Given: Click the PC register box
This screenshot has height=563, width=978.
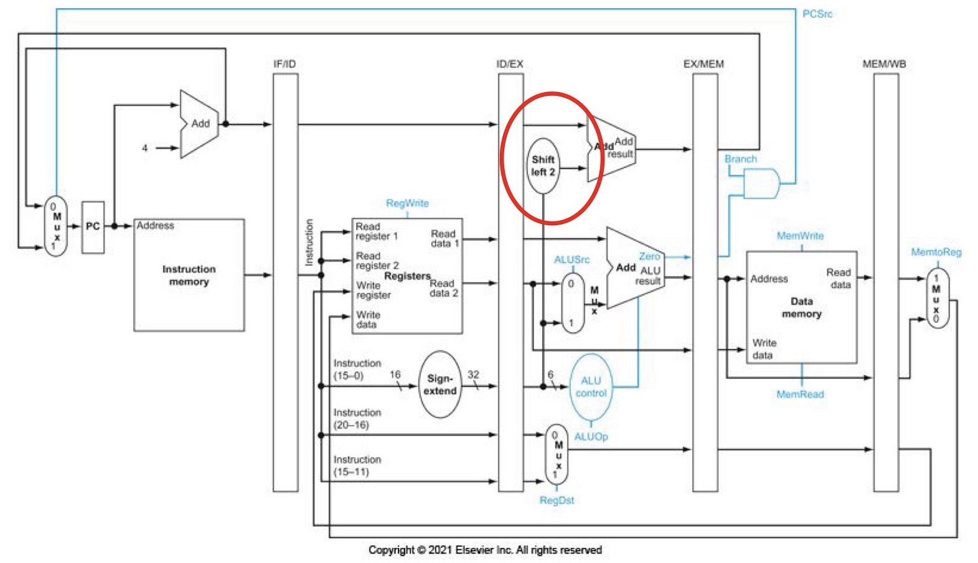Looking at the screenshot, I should [x=93, y=227].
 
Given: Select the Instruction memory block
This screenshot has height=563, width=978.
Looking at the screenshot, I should [x=189, y=275].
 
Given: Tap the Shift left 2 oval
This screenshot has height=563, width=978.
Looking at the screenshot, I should [x=543, y=165].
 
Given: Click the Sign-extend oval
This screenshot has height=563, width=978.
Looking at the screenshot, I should [x=440, y=384].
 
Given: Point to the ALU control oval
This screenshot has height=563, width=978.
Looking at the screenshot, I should [x=590, y=386].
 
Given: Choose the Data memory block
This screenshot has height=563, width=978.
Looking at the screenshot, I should [x=801, y=307].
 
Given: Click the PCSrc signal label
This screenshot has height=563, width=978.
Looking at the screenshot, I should [x=817, y=14].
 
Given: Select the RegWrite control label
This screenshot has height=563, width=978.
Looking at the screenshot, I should [x=407, y=203].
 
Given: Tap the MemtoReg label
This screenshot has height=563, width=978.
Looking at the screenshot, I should [x=936, y=252].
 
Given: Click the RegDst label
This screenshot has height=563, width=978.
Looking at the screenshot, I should [x=557, y=500].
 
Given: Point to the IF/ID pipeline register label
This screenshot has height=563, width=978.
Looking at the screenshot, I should [x=284, y=64].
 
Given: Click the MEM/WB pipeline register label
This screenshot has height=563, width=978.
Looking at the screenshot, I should [x=884, y=64].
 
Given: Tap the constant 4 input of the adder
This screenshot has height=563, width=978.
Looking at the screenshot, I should [x=144, y=148].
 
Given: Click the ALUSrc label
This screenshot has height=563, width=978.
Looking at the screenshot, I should [x=571, y=259].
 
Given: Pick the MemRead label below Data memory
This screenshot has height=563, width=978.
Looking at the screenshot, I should [x=800, y=394].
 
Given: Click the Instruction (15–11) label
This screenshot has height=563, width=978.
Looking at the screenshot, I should [x=357, y=465].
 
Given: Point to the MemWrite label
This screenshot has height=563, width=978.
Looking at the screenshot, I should [x=800, y=236].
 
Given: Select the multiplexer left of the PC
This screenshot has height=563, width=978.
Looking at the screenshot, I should [x=55, y=226].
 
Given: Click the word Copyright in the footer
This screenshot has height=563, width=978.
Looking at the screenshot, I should [x=391, y=550].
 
